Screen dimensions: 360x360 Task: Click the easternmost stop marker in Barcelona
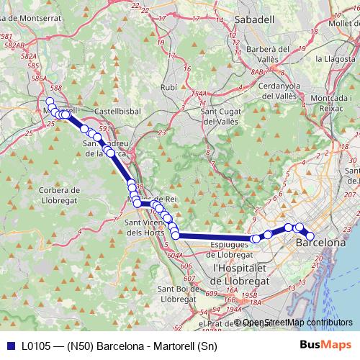tap(311, 236)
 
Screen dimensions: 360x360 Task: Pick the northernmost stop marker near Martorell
tap(50, 102)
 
